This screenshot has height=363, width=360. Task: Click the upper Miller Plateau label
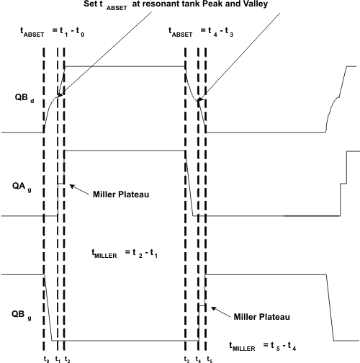(x=120, y=193)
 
